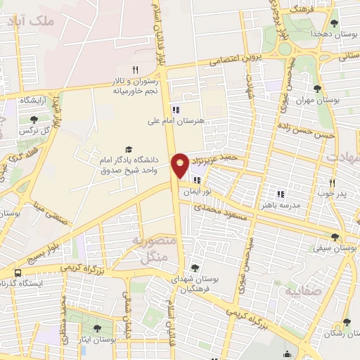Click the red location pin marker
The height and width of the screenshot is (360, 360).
181,165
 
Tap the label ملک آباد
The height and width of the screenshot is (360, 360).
32,21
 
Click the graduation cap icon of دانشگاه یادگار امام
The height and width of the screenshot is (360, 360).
128,149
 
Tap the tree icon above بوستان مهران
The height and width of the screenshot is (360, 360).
317,89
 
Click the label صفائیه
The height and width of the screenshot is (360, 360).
302,290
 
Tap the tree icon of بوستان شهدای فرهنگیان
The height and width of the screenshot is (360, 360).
195,268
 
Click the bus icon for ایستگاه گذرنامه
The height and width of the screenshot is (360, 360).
17,273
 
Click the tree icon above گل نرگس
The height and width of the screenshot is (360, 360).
34,120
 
